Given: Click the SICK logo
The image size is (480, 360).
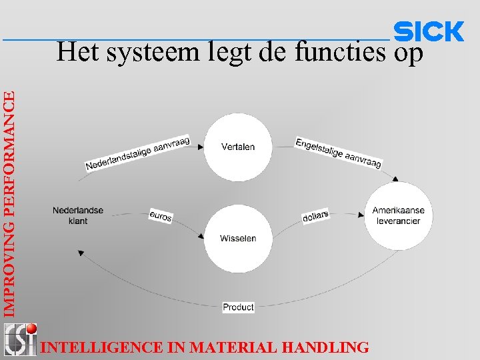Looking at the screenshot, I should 429,31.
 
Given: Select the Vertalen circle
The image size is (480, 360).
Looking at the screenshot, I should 238,147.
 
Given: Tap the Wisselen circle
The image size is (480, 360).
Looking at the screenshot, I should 238,238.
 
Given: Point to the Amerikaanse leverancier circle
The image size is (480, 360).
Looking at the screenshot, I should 398,215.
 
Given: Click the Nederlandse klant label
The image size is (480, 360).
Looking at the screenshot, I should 78,215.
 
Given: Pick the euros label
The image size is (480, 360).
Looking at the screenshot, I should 161,216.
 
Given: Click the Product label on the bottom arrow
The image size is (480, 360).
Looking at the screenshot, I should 238,307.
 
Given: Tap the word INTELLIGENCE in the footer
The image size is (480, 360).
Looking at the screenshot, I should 101,347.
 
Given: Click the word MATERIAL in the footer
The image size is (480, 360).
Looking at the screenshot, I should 235,347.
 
